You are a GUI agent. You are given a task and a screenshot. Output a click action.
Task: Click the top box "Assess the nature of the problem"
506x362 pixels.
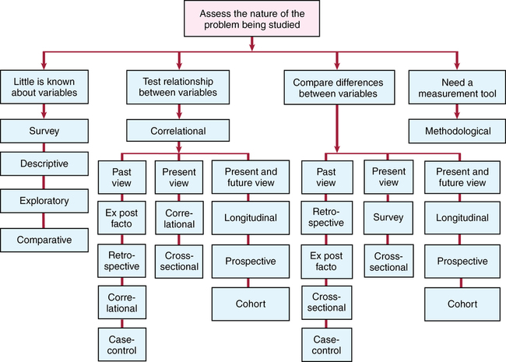pyautogui.click(x=253, y=18)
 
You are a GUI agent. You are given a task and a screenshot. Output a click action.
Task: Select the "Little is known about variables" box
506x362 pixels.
pyautogui.click(x=44, y=86)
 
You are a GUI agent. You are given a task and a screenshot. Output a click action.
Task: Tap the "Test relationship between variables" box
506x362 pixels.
pyautogui.click(x=179, y=86)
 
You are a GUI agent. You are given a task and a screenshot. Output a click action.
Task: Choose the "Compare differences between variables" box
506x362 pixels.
pyautogui.click(x=336, y=86)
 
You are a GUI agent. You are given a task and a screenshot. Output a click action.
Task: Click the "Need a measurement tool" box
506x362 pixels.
pyautogui.click(x=458, y=86)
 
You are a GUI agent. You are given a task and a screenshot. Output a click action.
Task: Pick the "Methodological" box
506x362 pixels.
pyautogui.click(x=458, y=131)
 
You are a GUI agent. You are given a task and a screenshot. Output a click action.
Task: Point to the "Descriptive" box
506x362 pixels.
pyautogui.click(x=44, y=165)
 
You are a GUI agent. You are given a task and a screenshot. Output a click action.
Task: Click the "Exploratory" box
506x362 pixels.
pyautogui.click(x=44, y=201)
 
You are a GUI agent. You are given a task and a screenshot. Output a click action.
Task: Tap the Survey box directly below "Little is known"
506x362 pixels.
pyautogui.click(x=44, y=130)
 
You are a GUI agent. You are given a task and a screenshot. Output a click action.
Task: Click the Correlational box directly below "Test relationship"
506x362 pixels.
pyautogui.click(x=179, y=130)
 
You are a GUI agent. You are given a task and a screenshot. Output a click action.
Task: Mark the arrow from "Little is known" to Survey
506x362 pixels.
pyautogui.click(x=44, y=111)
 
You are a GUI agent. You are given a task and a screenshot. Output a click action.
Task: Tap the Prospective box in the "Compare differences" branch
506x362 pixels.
pyautogui.click(x=462, y=261)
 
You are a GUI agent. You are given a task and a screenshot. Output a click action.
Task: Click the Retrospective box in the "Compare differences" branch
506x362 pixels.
pyautogui.click(x=328, y=219)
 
